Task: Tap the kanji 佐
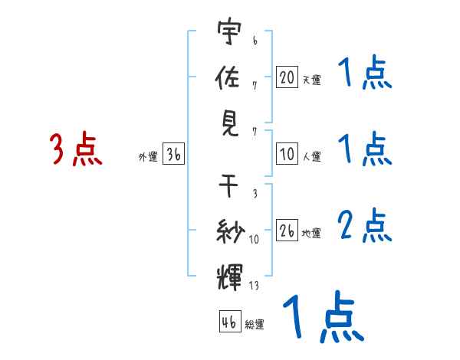click(x=229, y=77)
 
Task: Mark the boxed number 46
click(x=229, y=322)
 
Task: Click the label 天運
click(x=311, y=80)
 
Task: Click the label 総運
click(x=255, y=324)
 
